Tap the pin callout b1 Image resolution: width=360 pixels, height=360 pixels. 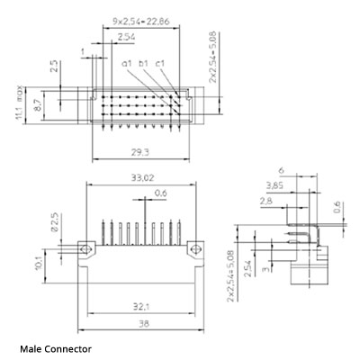[x=142, y=63]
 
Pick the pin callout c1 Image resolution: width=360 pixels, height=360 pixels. [x=159, y=63]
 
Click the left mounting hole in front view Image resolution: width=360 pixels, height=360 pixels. [x=86, y=248]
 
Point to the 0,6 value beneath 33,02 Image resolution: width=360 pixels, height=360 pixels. [x=160, y=193]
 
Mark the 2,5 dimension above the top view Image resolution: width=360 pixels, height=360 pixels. [x=54, y=67]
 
